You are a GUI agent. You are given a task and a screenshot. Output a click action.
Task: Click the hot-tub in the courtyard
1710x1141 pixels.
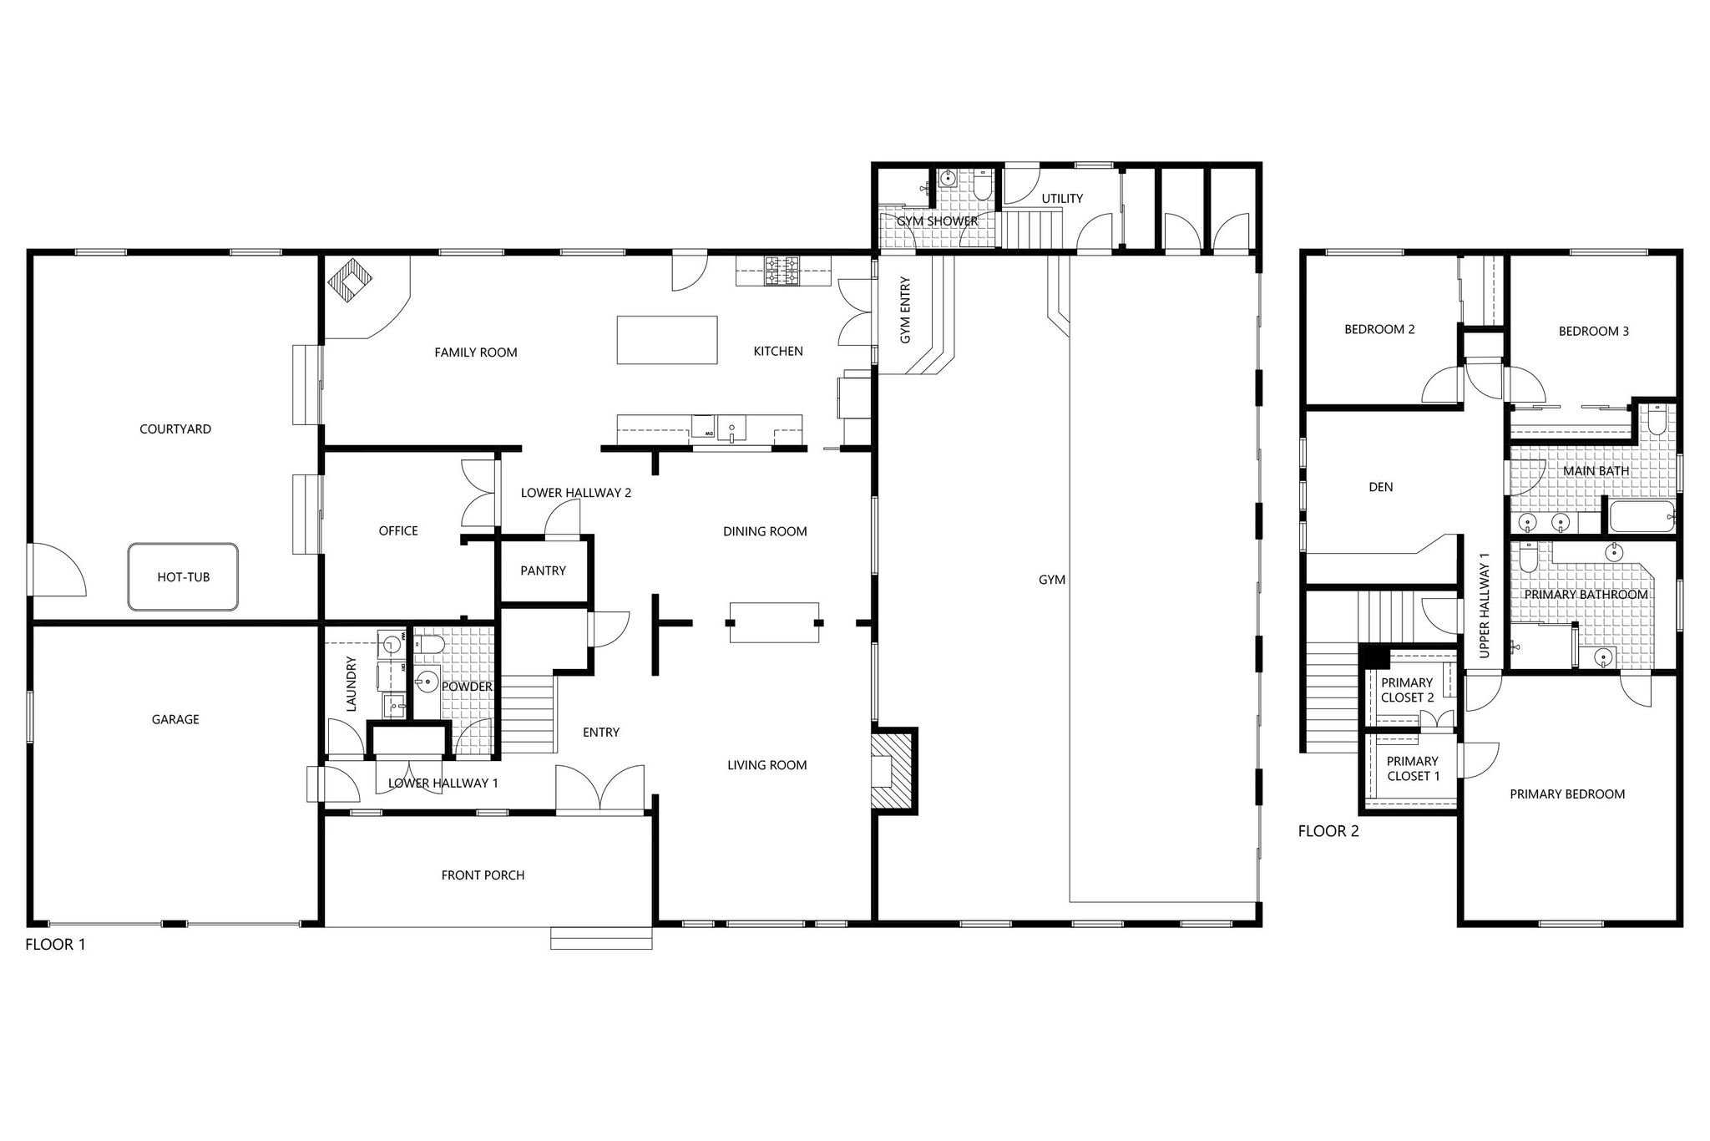(x=183, y=576)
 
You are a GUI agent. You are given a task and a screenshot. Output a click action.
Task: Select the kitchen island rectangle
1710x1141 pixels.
(x=667, y=340)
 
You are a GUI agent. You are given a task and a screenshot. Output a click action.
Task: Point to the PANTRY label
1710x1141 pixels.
(x=543, y=570)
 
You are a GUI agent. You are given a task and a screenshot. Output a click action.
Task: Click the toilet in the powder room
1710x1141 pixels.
(x=430, y=644)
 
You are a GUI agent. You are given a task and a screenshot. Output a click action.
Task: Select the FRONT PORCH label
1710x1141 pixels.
(x=483, y=875)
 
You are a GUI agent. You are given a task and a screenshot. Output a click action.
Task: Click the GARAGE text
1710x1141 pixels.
(x=175, y=719)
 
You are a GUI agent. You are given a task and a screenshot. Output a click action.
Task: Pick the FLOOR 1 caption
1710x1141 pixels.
(x=55, y=945)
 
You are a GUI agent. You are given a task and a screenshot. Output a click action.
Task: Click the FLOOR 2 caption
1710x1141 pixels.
(x=1328, y=831)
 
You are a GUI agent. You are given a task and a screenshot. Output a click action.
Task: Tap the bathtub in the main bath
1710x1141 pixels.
(x=1642, y=517)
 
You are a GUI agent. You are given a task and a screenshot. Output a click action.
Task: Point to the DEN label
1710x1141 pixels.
(x=1381, y=487)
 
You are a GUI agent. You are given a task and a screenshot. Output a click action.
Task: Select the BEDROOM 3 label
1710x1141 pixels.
(x=1593, y=331)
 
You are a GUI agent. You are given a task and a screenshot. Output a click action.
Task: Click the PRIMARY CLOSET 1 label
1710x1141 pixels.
(x=1413, y=768)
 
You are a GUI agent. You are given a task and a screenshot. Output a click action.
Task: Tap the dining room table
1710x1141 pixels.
(x=774, y=622)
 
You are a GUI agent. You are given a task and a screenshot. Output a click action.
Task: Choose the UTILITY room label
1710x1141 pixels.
(x=1062, y=199)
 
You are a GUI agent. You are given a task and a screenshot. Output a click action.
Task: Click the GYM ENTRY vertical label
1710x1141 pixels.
(x=905, y=310)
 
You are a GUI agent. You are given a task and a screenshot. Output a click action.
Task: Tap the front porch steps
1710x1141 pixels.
(x=601, y=938)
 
